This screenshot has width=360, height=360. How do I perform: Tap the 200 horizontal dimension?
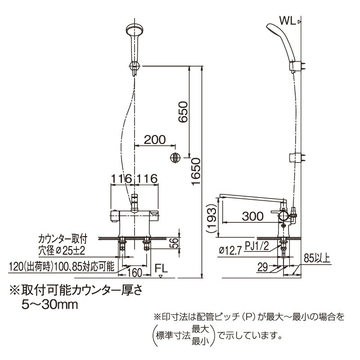tap(155, 139)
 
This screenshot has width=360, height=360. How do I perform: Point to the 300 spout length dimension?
tap(252, 216)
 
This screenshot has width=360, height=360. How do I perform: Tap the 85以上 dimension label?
tap(318, 258)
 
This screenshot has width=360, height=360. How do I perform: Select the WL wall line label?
tap(288, 21)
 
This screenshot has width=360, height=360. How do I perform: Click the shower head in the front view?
tap(134, 32)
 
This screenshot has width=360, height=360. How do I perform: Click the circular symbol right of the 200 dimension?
tap(175, 158)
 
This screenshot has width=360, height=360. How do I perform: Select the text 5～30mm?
tap(50, 305)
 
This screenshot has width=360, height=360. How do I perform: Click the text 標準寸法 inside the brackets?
tap(173, 335)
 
